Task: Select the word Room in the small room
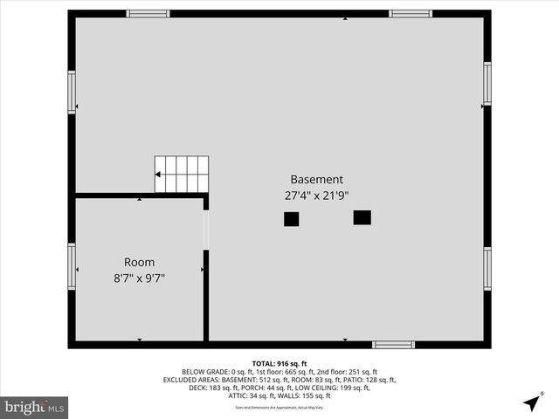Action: click(x=139, y=262)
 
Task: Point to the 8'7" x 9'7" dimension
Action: click(x=139, y=278)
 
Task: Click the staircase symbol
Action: click(x=183, y=175)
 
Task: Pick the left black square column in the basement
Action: click(x=291, y=220)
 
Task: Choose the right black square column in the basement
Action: click(x=362, y=217)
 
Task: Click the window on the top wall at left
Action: click(x=148, y=14)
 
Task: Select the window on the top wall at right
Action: click(x=411, y=14)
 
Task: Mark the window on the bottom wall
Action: click(x=393, y=345)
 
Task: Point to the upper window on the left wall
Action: click(x=72, y=92)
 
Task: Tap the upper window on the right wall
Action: click(x=487, y=84)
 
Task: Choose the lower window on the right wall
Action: click(x=487, y=269)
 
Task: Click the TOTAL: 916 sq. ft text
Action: click(x=279, y=363)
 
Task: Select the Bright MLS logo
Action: click(x=35, y=407)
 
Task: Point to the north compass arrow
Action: click(x=532, y=402)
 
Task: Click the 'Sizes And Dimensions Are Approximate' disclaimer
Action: click(x=279, y=408)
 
